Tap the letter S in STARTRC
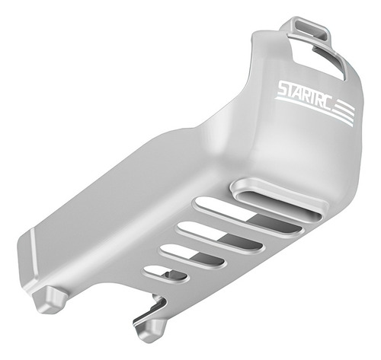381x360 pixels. (283, 88)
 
